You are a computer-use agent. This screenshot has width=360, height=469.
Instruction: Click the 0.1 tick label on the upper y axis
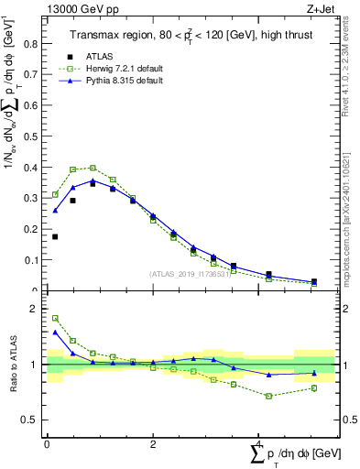click(x=34, y=260)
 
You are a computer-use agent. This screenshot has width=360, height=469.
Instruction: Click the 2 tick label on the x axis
click(x=153, y=443)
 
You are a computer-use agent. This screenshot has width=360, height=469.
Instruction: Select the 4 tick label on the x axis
click(x=258, y=443)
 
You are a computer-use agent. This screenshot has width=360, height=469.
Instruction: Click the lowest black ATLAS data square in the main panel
click(x=314, y=282)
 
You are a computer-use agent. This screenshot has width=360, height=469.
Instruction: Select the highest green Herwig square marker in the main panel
click(x=93, y=168)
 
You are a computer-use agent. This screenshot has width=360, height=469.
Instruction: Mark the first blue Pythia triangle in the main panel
click(x=55, y=211)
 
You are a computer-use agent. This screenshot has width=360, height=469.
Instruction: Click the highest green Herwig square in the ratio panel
click(x=55, y=318)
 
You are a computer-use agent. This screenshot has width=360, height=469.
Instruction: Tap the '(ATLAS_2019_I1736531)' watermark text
click(x=189, y=274)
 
